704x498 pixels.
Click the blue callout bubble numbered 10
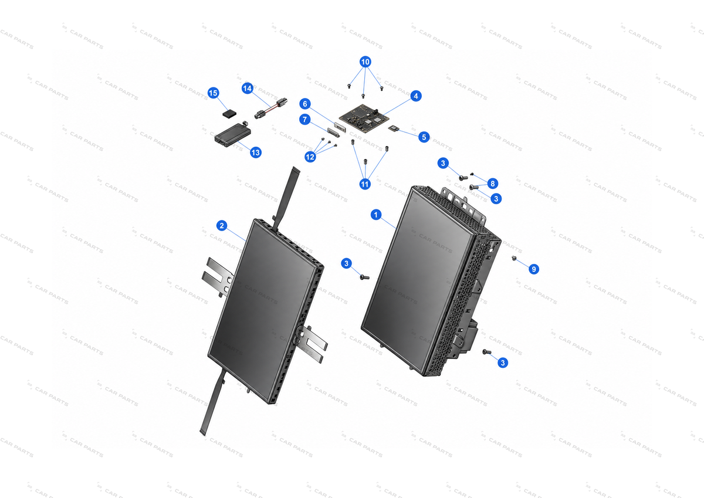[x=365, y=62]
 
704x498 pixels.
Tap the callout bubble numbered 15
[x=214, y=93]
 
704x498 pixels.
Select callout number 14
[x=248, y=89]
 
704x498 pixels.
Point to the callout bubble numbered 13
[x=256, y=153]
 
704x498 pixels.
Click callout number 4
[x=416, y=96]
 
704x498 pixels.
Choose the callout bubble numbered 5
[x=424, y=137]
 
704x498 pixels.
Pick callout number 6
[x=305, y=104]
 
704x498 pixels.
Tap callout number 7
[x=304, y=120]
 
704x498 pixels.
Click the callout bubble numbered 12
[x=310, y=157]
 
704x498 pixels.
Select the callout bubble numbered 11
[x=365, y=184]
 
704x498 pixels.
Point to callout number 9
[x=534, y=269]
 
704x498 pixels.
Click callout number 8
[x=492, y=184]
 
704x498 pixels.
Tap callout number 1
[x=376, y=215]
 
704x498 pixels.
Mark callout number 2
[x=222, y=226]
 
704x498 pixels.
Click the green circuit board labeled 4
[x=364, y=118]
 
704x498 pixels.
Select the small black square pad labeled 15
[x=229, y=113]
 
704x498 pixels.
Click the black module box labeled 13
[x=233, y=134]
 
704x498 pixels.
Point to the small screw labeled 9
[x=514, y=258]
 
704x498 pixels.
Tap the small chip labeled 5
[x=394, y=128]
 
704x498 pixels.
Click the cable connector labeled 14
[x=270, y=109]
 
